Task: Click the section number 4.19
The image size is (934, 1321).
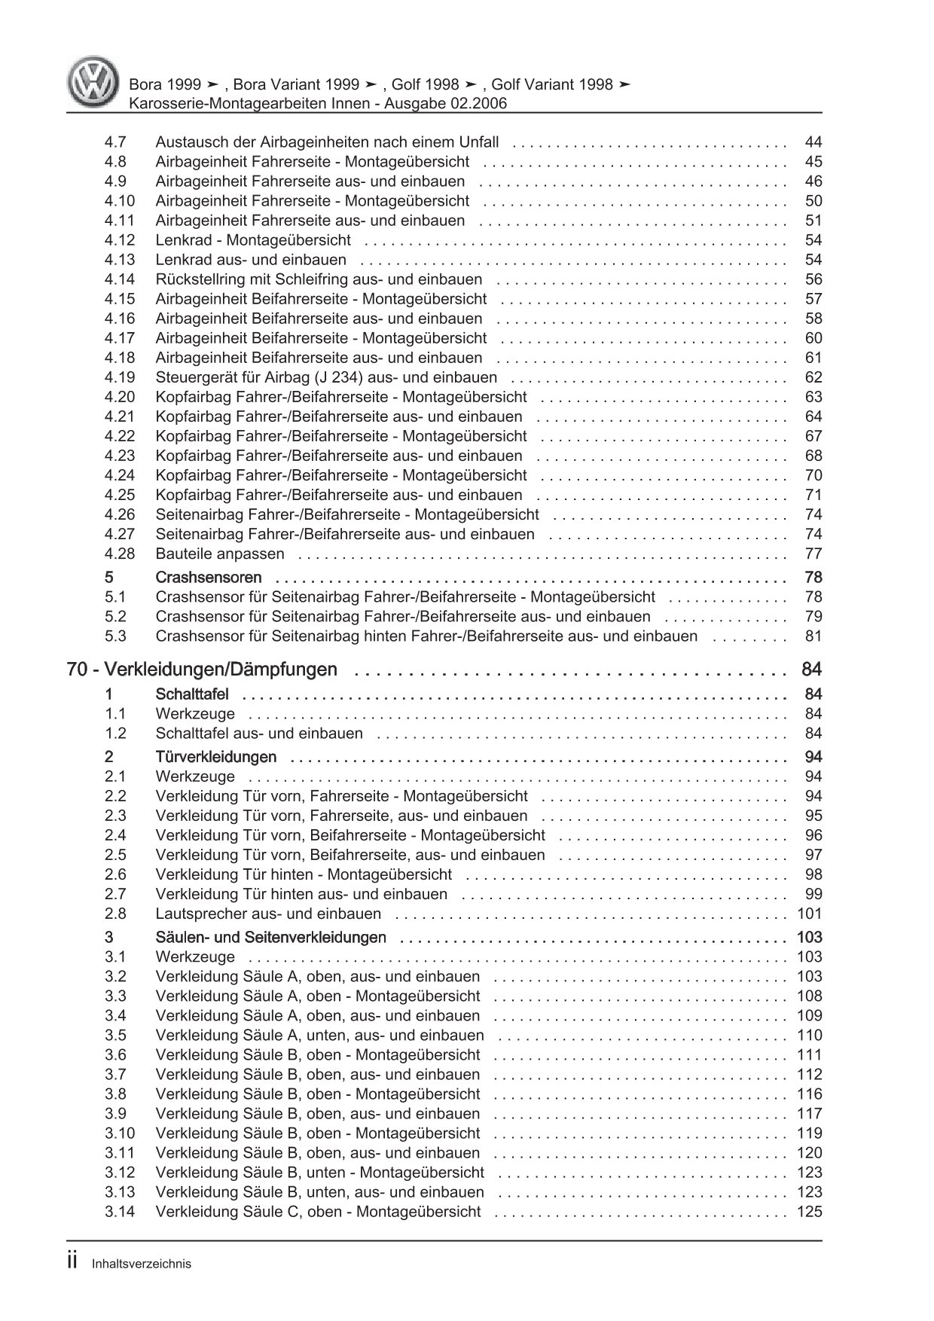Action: pyautogui.click(x=120, y=377)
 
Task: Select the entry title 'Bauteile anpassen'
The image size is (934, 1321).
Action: pyautogui.click(x=220, y=554)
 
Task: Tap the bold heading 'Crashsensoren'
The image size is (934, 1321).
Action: pyautogui.click(x=209, y=578)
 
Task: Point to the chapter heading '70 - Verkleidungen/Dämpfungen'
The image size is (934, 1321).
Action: pyautogui.click(x=202, y=670)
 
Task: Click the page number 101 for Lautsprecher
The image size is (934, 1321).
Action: pyautogui.click(x=809, y=914)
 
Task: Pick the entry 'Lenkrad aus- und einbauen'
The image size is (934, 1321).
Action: pyautogui.click(x=251, y=260)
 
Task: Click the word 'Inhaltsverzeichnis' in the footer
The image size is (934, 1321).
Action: pyautogui.click(x=142, y=1264)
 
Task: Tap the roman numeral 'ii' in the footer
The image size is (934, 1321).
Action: pyautogui.click(x=72, y=1262)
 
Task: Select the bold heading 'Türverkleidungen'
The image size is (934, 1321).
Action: pyautogui.click(x=216, y=757)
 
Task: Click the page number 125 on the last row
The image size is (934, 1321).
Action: pyautogui.click(x=809, y=1212)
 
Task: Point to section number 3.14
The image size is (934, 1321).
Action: pyautogui.click(x=120, y=1212)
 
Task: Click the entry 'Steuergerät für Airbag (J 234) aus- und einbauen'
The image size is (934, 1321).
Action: pyautogui.click(x=326, y=377)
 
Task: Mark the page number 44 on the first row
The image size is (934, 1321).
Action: pyautogui.click(x=813, y=142)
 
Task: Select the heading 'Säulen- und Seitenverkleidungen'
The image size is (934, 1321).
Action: pyautogui.click(x=271, y=938)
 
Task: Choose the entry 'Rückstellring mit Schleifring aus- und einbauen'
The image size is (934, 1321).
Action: pyautogui.click(x=319, y=279)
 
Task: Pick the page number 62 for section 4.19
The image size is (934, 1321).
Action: pyautogui.click(x=813, y=377)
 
